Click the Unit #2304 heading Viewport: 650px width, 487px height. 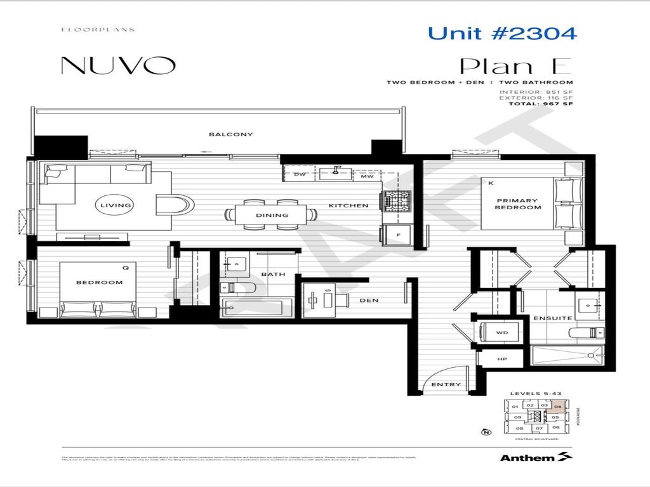[502, 33]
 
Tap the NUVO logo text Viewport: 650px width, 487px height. [118, 65]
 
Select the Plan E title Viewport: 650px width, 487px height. [516, 66]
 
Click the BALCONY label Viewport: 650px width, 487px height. [222, 134]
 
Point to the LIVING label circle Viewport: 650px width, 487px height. [116, 205]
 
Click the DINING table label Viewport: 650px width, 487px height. [272, 215]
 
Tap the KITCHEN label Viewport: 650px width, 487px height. [348, 205]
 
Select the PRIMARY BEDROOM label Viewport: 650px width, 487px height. [518, 204]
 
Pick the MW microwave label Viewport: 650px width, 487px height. [366, 176]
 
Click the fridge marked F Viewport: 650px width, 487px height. [399, 235]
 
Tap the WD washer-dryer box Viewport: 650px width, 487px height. [501, 332]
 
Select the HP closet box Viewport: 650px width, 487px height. [502, 359]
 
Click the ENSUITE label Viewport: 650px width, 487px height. [553, 318]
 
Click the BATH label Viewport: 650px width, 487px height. [272, 274]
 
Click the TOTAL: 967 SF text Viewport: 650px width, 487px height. [541, 104]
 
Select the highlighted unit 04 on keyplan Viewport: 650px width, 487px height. [557, 406]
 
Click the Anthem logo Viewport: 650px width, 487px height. [536, 457]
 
